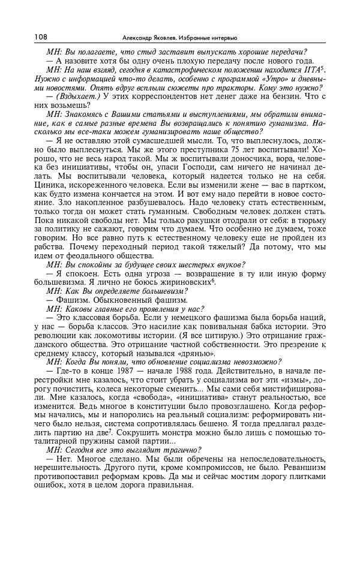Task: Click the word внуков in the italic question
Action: point(228,266)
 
